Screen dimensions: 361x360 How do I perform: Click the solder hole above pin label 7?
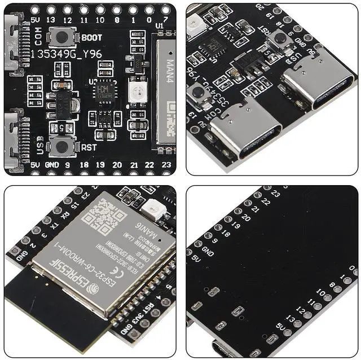pos(165,10)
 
